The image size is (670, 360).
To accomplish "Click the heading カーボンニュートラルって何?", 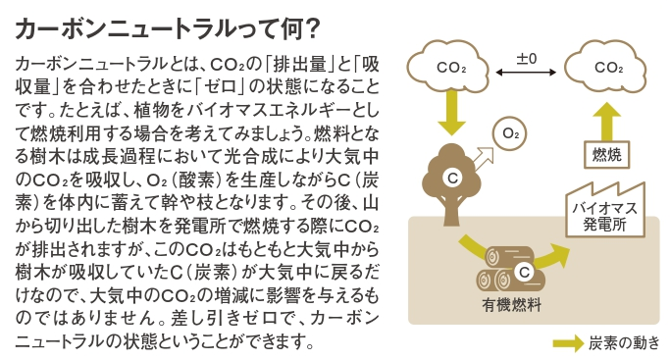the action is [168, 28].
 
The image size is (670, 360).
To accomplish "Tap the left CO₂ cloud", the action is [448, 67].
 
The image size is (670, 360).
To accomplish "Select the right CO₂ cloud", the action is [606, 67].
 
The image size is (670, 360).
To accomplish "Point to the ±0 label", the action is [527, 58].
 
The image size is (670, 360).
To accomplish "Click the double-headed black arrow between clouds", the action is [526, 73].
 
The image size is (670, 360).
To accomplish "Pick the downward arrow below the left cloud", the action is [451, 112].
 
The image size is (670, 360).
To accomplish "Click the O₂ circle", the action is [509, 133].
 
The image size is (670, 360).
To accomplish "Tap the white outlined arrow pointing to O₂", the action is [484, 159].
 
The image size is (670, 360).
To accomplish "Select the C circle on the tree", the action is [452, 178].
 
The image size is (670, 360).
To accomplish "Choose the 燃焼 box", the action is [606, 154].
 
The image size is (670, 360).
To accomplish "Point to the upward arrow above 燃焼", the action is [607, 121].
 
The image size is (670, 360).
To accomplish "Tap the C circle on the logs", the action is [524, 272].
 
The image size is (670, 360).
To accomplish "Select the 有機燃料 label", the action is [511, 305].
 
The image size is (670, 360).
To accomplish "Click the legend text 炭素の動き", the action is [624, 343].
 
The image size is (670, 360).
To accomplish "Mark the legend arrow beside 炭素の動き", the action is [568, 343].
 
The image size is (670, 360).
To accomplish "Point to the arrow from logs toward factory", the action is [551, 256].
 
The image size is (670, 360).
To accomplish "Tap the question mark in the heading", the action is [313, 29].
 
